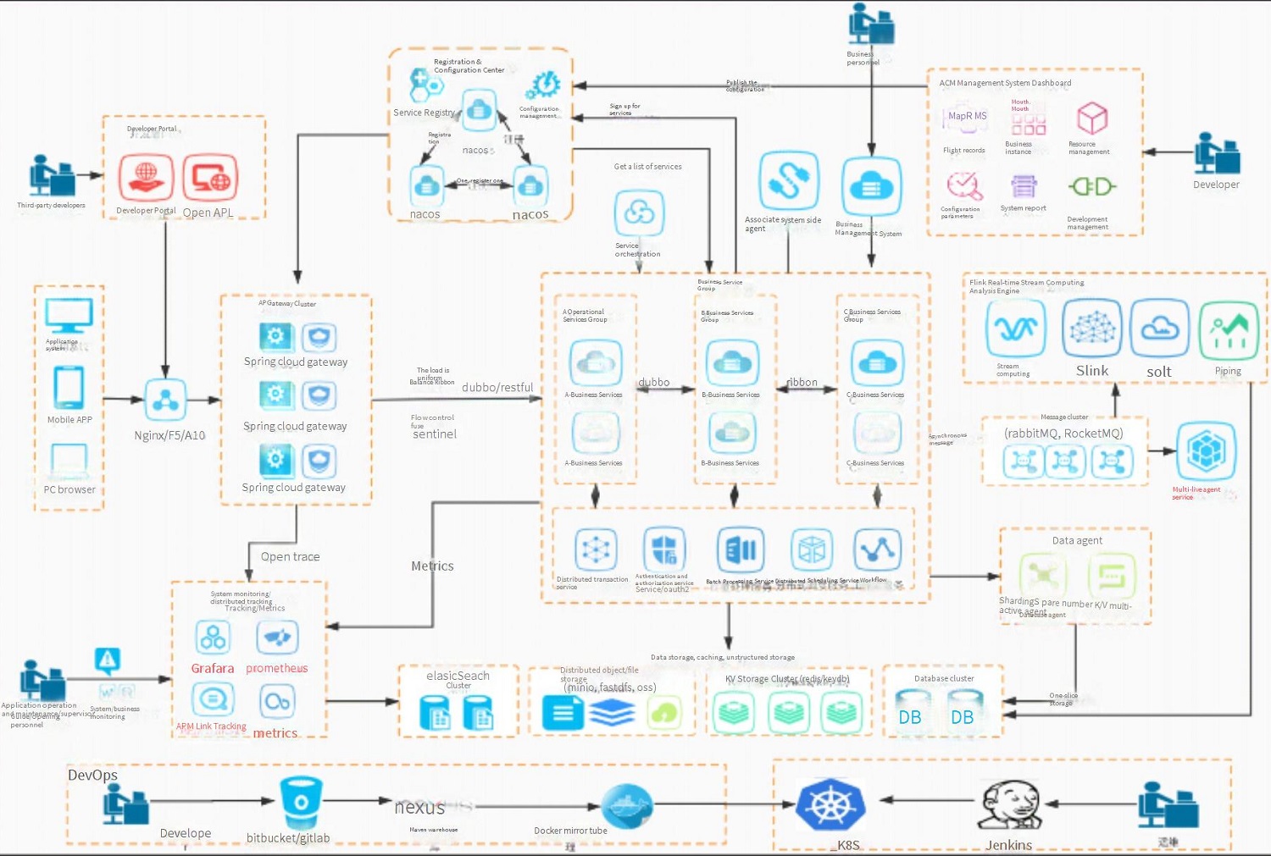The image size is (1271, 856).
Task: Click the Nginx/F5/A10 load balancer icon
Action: point(165,400)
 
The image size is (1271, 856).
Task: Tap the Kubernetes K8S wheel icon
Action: point(830,804)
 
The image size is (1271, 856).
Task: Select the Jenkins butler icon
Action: point(1009,804)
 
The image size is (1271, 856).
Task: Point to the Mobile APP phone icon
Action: point(69,388)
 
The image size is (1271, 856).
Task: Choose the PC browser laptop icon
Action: point(69,461)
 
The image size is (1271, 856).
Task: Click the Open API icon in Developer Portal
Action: point(210,178)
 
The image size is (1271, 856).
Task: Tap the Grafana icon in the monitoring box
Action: point(213,637)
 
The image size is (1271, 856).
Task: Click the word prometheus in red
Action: point(277,668)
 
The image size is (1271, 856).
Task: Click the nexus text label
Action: point(419,807)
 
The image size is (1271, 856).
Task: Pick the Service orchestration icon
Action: point(639,213)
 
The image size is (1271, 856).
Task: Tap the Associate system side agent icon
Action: point(789,180)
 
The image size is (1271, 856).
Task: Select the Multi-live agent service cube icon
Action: point(1206,451)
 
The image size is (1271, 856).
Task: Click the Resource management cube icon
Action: point(1092,119)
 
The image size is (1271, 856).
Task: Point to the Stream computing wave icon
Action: point(1015,329)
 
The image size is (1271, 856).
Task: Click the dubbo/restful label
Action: point(497,388)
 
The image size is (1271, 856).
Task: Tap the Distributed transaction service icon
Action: point(596,549)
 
